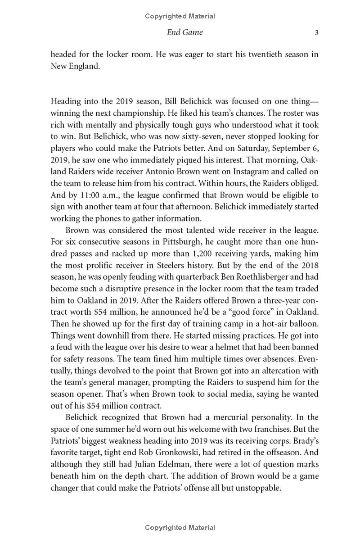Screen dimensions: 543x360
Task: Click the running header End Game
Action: point(184,32)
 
